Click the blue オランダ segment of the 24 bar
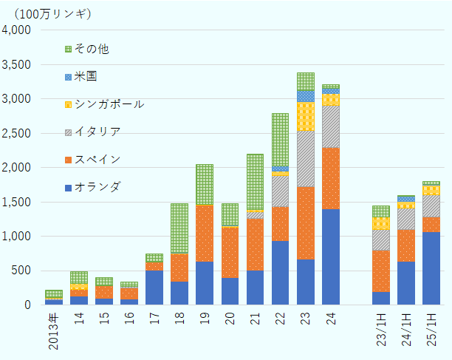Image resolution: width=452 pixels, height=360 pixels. click(330, 257)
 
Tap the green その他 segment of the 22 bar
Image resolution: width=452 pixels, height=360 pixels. click(280, 139)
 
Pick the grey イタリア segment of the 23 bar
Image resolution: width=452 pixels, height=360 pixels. click(305, 159)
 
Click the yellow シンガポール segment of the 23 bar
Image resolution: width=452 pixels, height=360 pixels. click(305, 116)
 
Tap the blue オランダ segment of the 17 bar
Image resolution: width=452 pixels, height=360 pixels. click(154, 287)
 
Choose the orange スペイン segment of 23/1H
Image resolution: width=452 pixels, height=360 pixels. click(380, 271)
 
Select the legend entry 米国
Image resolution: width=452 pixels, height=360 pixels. click(86, 76)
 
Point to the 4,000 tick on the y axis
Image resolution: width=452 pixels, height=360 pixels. click(16, 30)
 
